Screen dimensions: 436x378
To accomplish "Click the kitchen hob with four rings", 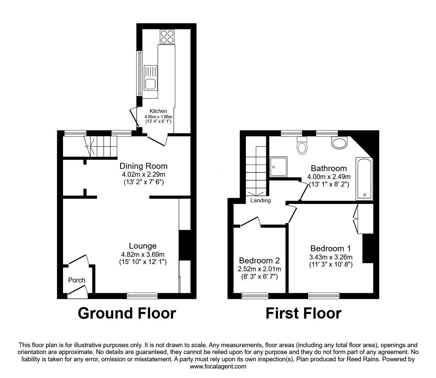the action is pos(167,37).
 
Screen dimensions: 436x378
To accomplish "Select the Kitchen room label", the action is pos(158,111).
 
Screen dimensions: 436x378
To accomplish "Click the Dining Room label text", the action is pos(143,166).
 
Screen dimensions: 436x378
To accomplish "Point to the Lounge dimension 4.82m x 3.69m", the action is pos(143,255).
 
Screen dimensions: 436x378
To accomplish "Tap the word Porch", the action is pos(76,280).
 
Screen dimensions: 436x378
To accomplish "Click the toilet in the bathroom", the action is pos(302,145).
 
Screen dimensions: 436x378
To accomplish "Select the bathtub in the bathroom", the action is pos(364,179).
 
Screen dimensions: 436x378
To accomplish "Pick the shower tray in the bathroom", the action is pos(278,167).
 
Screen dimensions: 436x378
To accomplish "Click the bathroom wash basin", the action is pos(339,143).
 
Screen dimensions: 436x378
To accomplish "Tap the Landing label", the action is pos(260,200).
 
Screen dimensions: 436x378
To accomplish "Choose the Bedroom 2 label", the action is pos(259,261).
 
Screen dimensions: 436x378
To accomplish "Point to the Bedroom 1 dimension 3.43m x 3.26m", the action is pos(331,257).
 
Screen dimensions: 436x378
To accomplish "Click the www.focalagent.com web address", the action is pos(218,367).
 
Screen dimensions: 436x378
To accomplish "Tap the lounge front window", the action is pos(142,296).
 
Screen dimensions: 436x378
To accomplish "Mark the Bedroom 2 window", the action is pos(255,296).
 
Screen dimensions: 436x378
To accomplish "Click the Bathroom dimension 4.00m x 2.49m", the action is pos(329,177).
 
